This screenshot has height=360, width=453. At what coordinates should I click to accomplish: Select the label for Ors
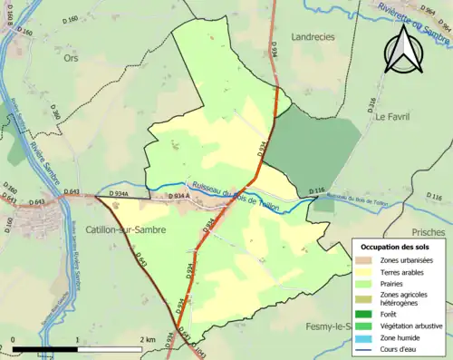pos(72,57)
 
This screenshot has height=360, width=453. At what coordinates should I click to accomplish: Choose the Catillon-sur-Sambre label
pos(125,230)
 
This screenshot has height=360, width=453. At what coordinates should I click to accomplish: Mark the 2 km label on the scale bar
pos(147,339)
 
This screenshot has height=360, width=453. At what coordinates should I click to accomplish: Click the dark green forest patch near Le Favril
pos(317,145)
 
